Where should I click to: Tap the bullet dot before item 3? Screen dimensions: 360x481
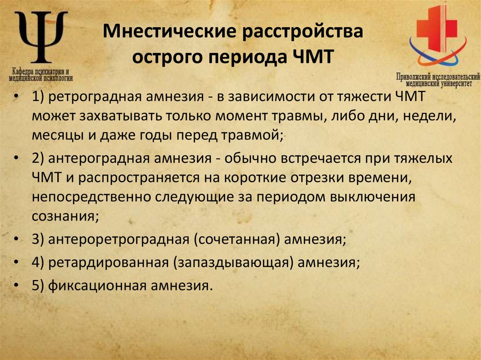point(17,240)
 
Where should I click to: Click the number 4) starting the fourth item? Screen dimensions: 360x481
point(38,263)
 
